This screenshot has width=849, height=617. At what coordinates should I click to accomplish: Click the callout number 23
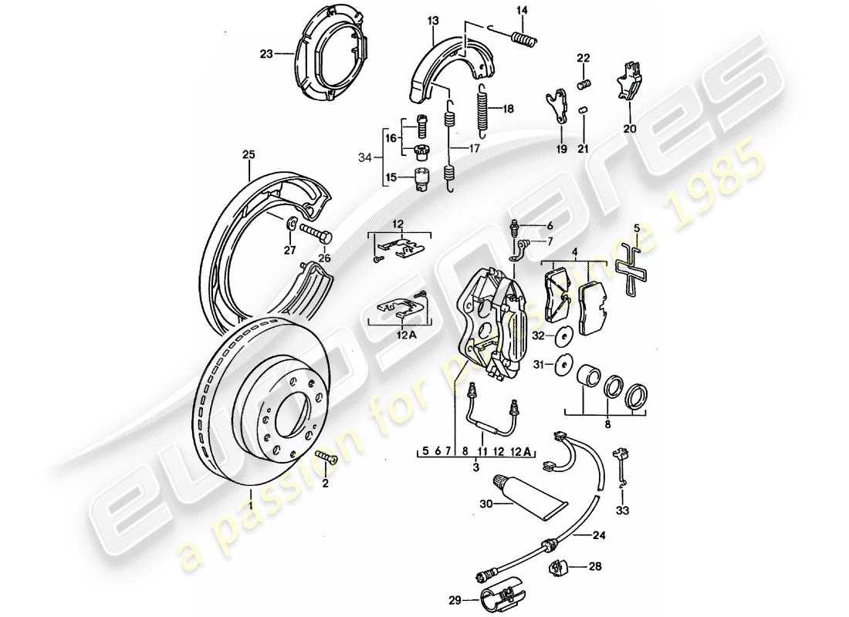click(x=266, y=54)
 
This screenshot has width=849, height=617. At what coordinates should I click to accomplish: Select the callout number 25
click(x=247, y=155)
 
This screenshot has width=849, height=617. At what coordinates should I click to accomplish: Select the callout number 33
click(x=622, y=511)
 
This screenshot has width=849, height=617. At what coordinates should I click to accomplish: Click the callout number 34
click(x=365, y=158)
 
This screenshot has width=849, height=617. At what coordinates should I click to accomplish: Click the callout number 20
click(x=630, y=129)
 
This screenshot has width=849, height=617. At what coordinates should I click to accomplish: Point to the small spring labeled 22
click(x=584, y=83)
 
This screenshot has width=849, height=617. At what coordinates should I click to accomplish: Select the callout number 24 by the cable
click(x=599, y=534)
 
